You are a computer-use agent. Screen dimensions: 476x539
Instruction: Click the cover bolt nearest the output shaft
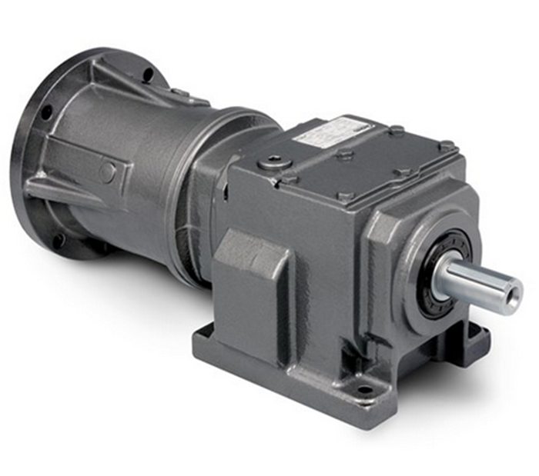click(446, 145)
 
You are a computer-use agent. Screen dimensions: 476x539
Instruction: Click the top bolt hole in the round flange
click(147, 74)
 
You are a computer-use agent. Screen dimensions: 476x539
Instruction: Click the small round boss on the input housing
click(108, 172)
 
